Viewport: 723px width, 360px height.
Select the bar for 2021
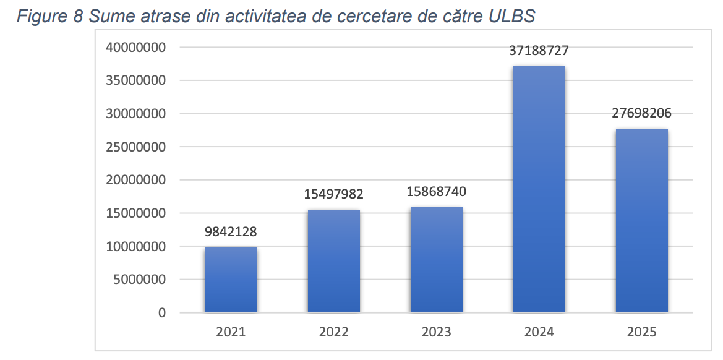(x=231, y=279)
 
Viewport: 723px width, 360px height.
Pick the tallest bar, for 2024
(x=539, y=189)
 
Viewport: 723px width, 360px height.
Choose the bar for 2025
(x=641, y=220)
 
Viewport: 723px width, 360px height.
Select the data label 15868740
(x=436, y=192)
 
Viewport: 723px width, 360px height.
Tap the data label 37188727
(x=539, y=51)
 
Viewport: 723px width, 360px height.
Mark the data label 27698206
(x=641, y=113)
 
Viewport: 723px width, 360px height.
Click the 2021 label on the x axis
(x=231, y=332)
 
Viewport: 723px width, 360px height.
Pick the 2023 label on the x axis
(x=436, y=332)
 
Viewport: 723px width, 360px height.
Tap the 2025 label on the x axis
(x=641, y=332)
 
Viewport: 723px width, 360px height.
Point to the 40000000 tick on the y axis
(x=137, y=48)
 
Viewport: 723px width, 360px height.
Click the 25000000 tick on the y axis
(x=137, y=147)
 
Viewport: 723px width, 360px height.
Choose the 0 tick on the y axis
(x=162, y=313)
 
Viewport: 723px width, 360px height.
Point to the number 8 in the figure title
(x=77, y=16)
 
